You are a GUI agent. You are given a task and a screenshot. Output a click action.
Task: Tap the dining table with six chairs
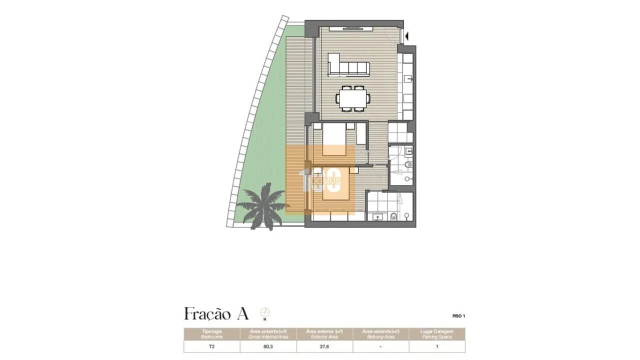click(353, 97)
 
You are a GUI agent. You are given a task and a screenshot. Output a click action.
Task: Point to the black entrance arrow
click(407, 36)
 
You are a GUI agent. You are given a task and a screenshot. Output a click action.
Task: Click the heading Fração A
click(216, 314)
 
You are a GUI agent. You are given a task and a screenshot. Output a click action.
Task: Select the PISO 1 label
click(458, 316)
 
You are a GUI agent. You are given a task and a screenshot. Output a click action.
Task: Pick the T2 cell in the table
click(212, 346)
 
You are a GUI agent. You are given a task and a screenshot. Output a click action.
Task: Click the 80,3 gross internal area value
click(268, 346)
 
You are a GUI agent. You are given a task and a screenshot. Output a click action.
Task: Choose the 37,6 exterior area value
click(324, 346)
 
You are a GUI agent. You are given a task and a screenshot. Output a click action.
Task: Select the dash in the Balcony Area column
click(381, 346)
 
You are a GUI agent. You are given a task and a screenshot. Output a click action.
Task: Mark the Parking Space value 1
click(437, 346)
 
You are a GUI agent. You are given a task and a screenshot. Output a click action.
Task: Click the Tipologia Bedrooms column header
click(212, 334)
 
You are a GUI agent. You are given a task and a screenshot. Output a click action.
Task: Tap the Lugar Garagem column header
click(437, 334)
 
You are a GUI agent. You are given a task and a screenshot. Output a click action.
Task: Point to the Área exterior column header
click(324, 334)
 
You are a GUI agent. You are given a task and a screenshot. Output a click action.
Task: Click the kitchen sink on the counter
click(408, 78)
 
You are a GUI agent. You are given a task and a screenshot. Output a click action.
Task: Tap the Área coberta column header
click(268, 334)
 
